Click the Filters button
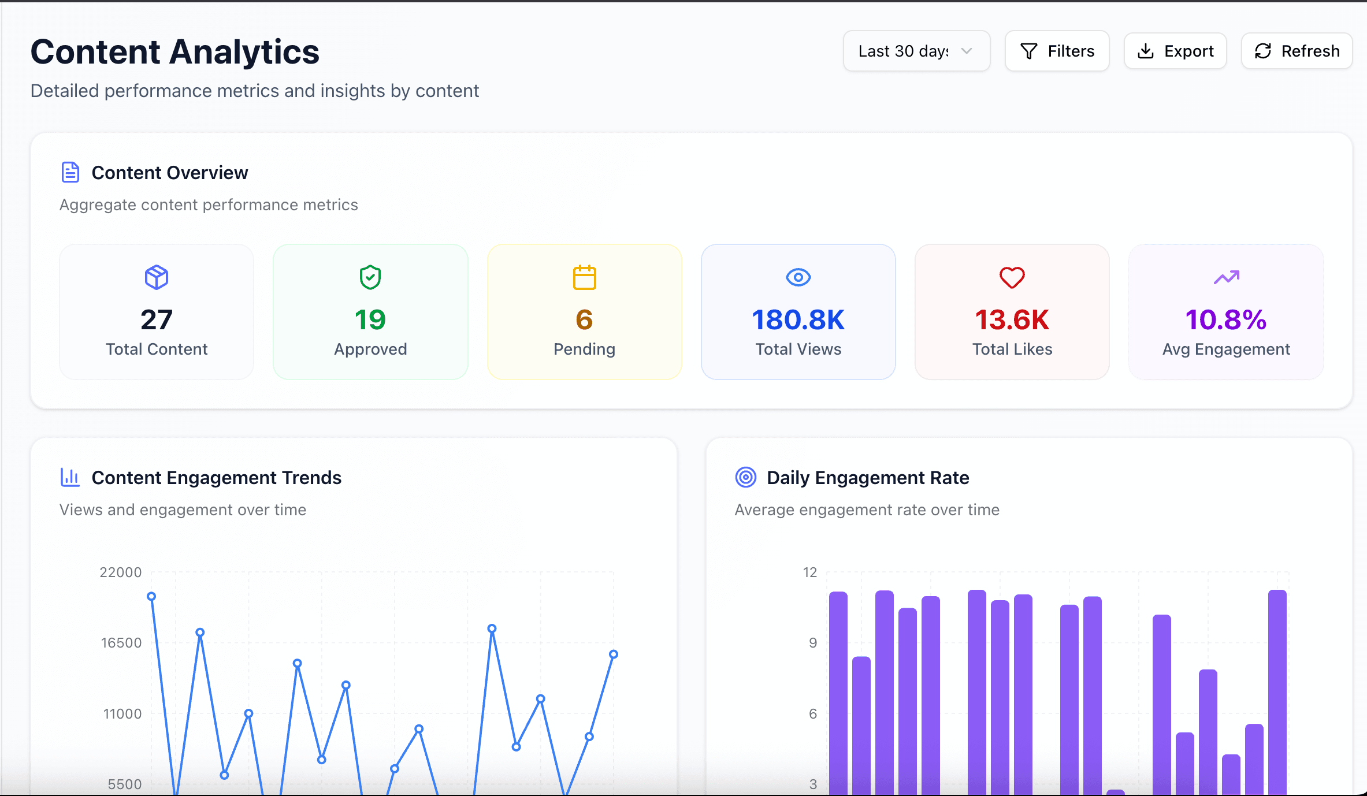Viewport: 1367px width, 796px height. pos(1057,51)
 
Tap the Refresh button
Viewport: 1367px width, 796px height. pos(1297,51)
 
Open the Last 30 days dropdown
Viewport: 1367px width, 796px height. pos(916,51)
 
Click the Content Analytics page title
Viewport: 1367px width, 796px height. pos(174,52)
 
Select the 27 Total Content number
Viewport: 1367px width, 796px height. pos(157,319)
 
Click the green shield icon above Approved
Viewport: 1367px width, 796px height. pos(370,277)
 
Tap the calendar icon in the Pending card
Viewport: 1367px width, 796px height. pos(584,277)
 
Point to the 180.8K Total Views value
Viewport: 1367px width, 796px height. pos(798,319)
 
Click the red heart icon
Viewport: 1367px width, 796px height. pos(1012,277)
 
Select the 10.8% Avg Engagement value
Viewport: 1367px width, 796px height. pos(1225,319)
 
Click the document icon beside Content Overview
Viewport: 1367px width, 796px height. pos(70,172)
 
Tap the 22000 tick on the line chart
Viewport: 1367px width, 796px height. pos(120,572)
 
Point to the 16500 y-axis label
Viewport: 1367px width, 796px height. pos(121,643)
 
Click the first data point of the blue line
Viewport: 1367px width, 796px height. pos(151,596)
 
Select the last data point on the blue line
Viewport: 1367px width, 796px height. pos(614,654)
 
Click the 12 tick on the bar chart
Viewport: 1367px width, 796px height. pos(810,572)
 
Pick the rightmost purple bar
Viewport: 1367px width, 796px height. pos(1277,693)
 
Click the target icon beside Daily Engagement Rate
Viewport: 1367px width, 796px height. pos(745,477)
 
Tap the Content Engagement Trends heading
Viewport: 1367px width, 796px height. pos(216,478)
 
